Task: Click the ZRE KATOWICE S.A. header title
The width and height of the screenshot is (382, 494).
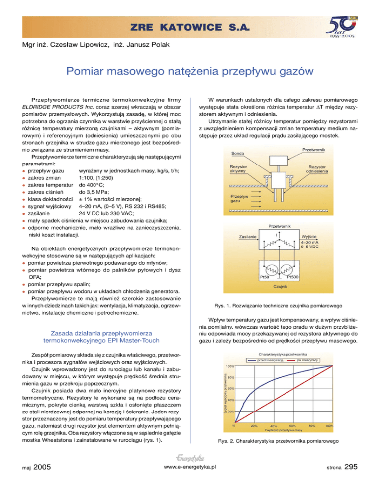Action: tap(191, 25)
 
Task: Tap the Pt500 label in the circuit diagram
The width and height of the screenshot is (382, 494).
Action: tap(293, 276)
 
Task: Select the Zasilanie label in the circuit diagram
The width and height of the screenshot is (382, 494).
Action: tap(248, 236)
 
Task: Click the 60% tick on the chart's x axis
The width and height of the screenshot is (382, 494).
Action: tap(292, 426)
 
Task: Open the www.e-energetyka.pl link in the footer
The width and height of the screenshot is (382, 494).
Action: tap(191, 481)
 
